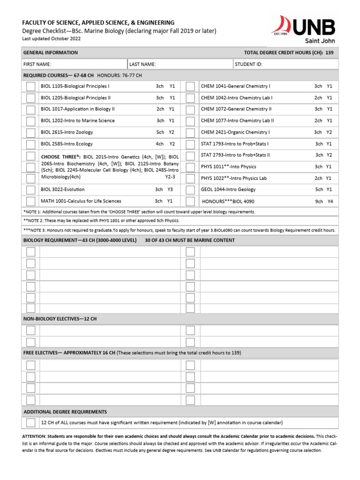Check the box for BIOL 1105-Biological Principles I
pos(30,86)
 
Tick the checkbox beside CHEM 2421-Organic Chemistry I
pos(190,132)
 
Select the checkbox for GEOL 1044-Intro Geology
pos(190,190)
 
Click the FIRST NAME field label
pos(37,64)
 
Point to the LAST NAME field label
pos(142,64)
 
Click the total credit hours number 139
pos(329,52)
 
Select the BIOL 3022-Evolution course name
pos(63,189)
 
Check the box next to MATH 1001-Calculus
pos(30,201)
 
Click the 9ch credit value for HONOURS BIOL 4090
pos(319,201)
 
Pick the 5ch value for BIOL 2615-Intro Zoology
pos(160,132)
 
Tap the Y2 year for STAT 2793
pos(329,155)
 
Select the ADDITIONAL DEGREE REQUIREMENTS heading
pos(65,412)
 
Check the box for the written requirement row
pos(30,423)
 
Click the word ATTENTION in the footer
pos(34,436)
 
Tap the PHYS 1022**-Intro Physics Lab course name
pos(234,178)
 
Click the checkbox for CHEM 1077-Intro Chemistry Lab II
pos(190,121)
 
